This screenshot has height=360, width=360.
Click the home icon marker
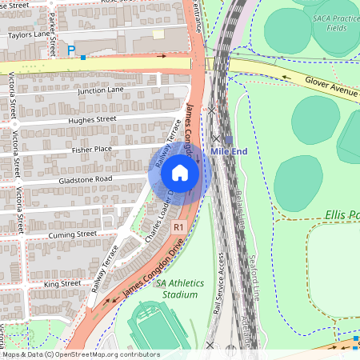point(179,172)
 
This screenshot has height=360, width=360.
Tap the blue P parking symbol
point(71,50)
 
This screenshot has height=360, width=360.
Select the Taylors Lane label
point(29,35)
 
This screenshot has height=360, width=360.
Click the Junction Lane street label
point(101,91)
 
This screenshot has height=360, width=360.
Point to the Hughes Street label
point(93,119)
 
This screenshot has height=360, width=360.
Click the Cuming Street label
point(71,234)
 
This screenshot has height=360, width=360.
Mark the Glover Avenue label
point(330,83)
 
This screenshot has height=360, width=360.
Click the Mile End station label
point(231,150)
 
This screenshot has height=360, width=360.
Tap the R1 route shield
point(180,227)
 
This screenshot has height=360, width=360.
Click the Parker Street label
point(51,24)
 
